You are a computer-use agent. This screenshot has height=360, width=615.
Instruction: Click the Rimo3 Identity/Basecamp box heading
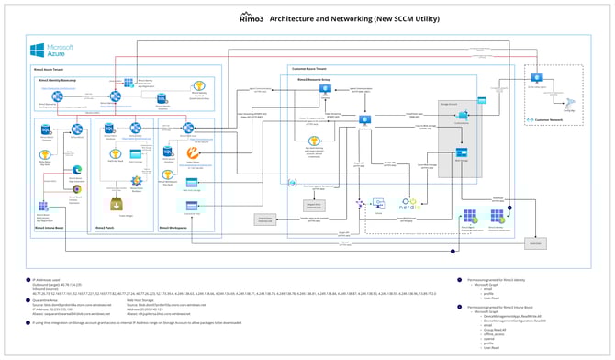(x=70, y=79)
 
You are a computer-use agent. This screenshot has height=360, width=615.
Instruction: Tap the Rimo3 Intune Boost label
(x=53, y=224)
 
